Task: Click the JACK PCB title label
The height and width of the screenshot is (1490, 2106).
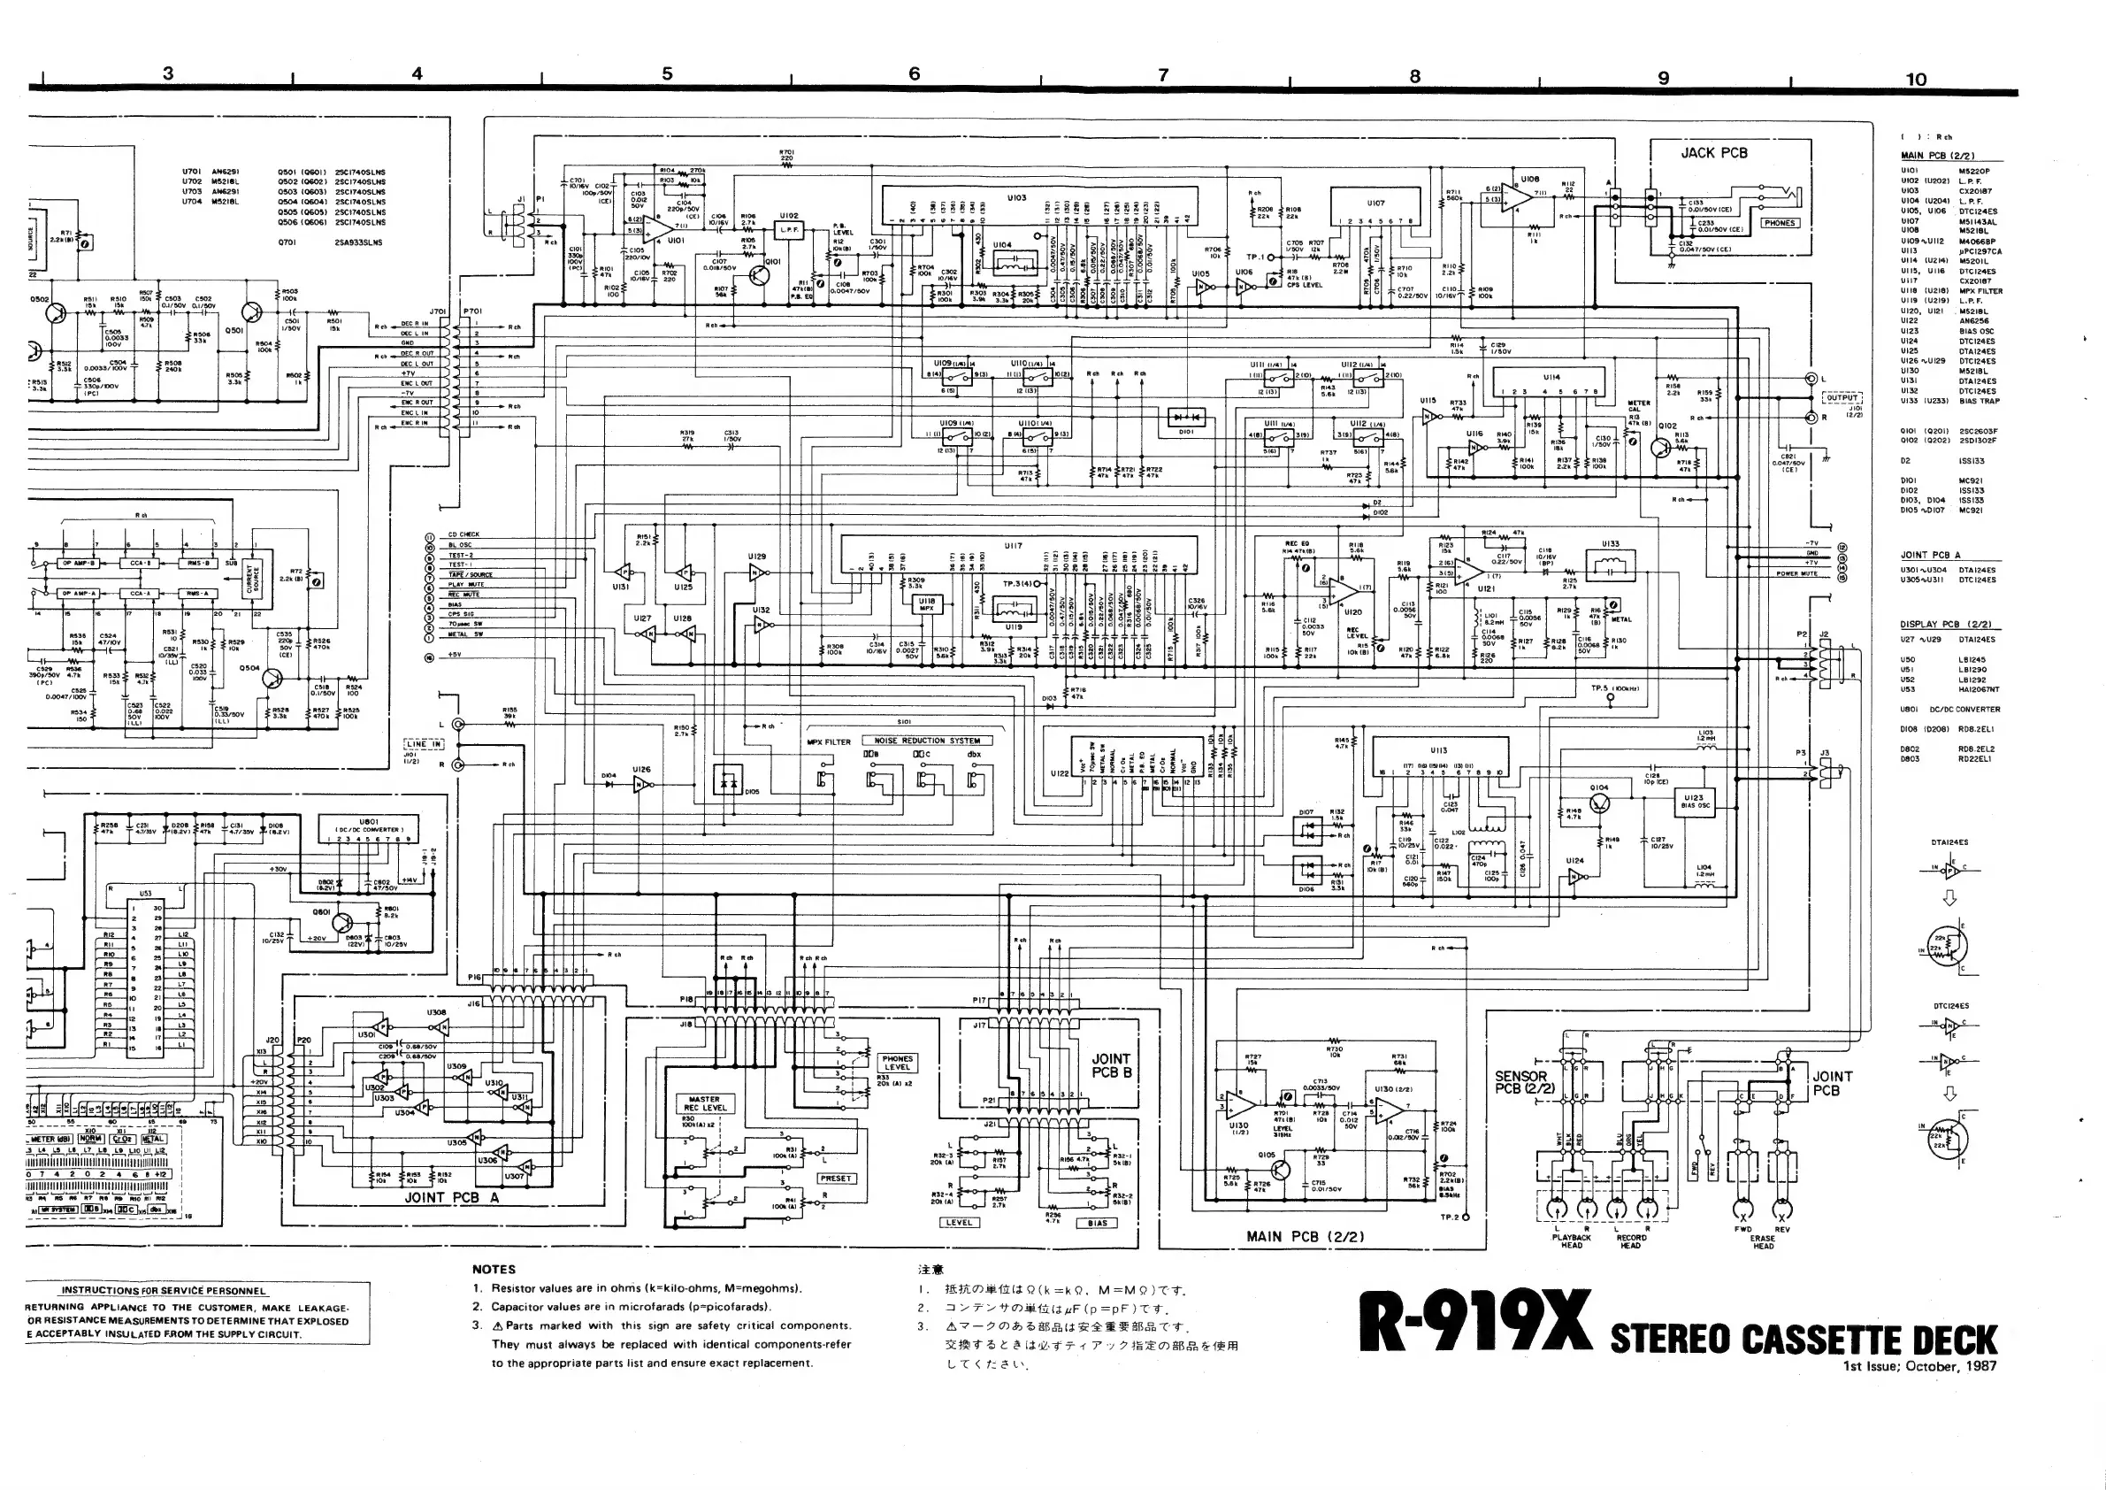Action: pyautogui.click(x=1713, y=153)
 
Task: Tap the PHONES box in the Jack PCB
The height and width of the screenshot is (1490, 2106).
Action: pyautogui.click(x=1779, y=223)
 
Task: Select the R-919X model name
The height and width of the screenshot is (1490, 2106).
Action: pyautogui.click(x=1475, y=1322)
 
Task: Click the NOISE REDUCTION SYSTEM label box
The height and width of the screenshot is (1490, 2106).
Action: pyautogui.click(x=926, y=741)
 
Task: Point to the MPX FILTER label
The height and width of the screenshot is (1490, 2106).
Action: pyautogui.click(x=828, y=741)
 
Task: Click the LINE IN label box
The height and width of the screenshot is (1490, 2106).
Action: pyautogui.click(x=424, y=744)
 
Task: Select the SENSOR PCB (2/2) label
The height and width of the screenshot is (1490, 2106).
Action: pyautogui.click(x=1520, y=1082)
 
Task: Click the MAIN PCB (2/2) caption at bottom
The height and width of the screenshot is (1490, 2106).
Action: pyautogui.click(x=1305, y=1236)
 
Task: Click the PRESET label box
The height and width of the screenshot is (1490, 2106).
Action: pyautogui.click(x=836, y=1178)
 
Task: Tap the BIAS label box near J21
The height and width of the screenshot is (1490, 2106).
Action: pyautogui.click(x=1097, y=1222)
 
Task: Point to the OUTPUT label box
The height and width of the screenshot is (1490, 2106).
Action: pyautogui.click(x=1841, y=398)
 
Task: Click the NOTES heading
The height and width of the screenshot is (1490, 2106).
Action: pyautogui.click(x=494, y=1269)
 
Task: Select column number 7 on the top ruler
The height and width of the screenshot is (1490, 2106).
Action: pyautogui.click(x=1163, y=75)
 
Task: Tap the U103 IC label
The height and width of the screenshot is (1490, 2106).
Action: pyautogui.click(x=1016, y=197)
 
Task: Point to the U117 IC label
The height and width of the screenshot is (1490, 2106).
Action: pyautogui.click(x=1013, y=545)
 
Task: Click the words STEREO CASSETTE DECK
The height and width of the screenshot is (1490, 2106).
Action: pyautogui.click(x=1804, y=1340)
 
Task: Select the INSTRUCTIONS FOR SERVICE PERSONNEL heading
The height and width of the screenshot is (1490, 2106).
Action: pyautogui.click(x=165, y=1290)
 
